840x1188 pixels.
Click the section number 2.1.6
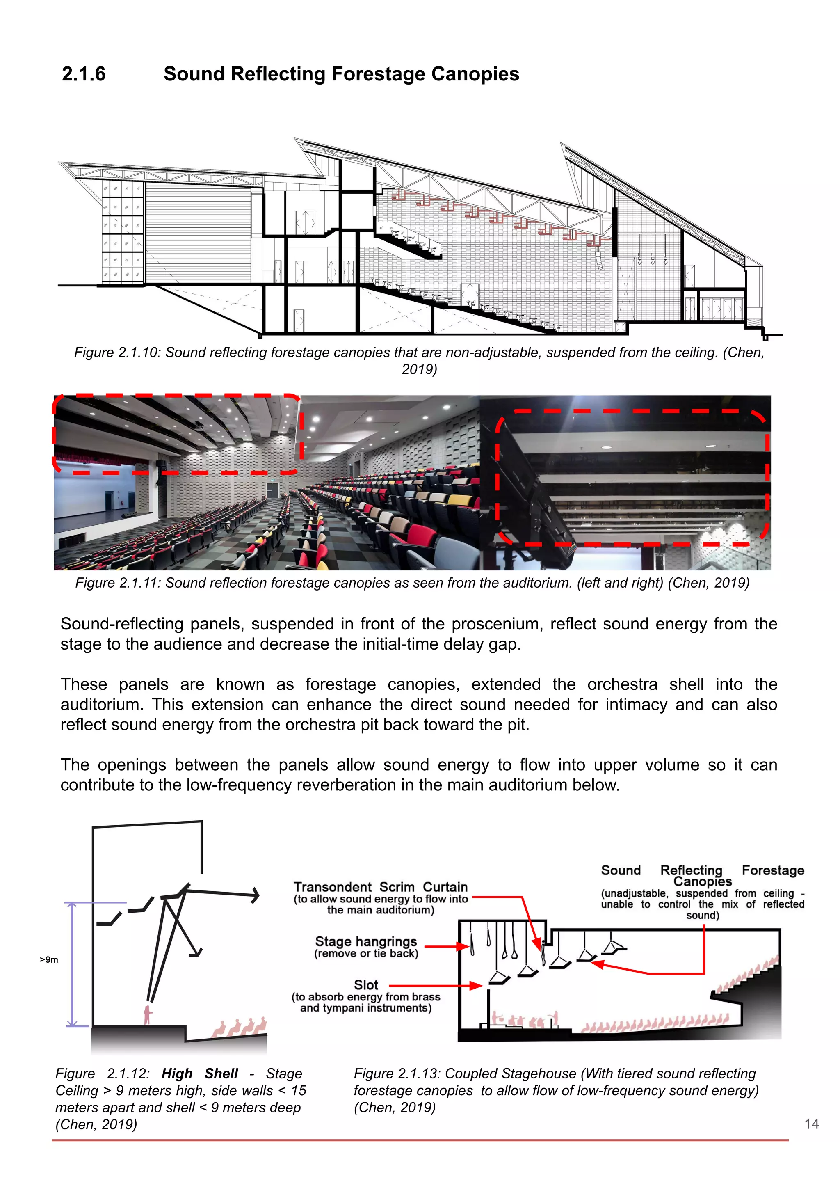tap(83, 74)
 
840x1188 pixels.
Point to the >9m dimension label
tap(49, 960)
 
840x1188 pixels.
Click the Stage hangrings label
tap(366, 942)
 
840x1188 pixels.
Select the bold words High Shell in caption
tap(199, 1074)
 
